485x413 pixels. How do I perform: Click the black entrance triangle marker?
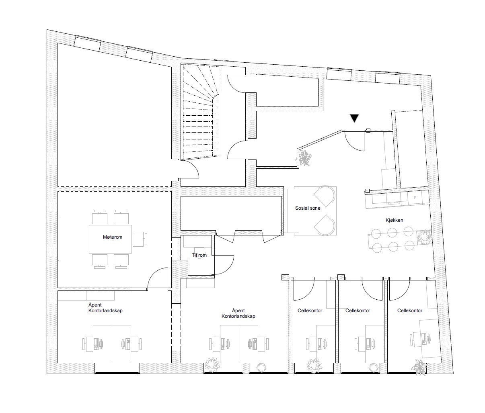click(x=354, y=118)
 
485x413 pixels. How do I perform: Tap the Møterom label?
click(x=112, y=237)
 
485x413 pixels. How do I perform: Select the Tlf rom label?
click(x=199, y=255)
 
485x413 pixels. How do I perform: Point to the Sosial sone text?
click(x=308, y=208)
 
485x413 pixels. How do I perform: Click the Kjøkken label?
click(x=394, y=220)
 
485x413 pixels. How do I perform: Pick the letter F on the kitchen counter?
click(x=415, y=198)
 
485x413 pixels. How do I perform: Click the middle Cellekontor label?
click(x=358, y=310)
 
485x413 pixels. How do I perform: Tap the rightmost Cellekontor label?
click(x=410, y=310)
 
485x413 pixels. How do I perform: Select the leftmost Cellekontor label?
click(x=310, y=310)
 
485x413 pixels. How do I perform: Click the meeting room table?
click(x=110, y=239)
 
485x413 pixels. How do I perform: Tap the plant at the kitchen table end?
click(x=424, y=237)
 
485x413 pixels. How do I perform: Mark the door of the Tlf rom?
click(x=224, y=265)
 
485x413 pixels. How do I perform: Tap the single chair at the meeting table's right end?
click(x=140, y=239)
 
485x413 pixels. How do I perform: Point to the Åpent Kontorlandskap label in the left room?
click(x=105, y=308)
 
